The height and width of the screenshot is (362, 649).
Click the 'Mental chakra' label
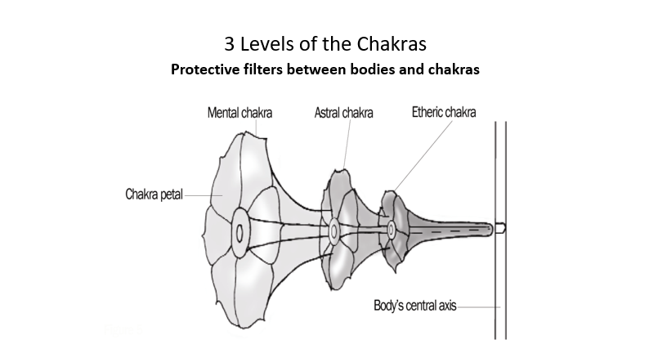(239, 113)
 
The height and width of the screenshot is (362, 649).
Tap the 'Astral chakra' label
(343, 113)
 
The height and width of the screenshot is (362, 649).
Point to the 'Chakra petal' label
(154, 194)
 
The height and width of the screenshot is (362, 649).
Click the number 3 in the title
(229, 42)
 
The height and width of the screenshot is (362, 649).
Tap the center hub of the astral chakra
(334, 231)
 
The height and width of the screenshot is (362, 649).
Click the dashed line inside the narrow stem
(441, 230)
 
